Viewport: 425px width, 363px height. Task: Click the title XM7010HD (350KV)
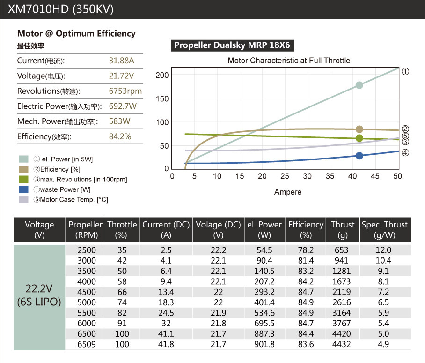(x=61, y=9)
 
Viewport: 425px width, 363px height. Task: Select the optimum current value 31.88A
(x=121, y=60)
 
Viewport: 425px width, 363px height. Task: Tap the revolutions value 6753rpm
(x=125, y=91)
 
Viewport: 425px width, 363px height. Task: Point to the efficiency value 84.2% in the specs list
(x=120, y=136)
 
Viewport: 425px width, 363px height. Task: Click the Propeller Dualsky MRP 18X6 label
(x=232, y=45)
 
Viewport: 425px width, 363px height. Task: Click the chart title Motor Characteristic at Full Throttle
(x=289, y=60)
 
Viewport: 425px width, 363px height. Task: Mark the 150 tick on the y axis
(x=162, y=99)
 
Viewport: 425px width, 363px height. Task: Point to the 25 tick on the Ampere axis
(x=285, y=176)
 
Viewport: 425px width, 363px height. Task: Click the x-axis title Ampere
(x=288, y=192)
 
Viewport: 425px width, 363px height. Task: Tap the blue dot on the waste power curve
(x=359, y=156)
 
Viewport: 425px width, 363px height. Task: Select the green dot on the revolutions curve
(x=359, y=138)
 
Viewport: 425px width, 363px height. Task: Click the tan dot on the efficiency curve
(x=359, y=129)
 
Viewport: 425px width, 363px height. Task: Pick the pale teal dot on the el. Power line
(x=359, y=85)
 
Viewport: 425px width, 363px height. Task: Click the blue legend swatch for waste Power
(x=23, y=189)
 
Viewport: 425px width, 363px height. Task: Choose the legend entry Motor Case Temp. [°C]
(x=71, y=200)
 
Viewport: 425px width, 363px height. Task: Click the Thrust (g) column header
(x=343, y=230)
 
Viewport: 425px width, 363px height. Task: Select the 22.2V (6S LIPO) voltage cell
(x=39, y=295)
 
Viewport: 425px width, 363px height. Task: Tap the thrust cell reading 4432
(x=342, y=344)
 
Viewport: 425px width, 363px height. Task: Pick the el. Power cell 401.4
(x=264, y=302)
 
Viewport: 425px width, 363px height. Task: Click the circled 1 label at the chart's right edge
(x=405, y=71)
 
